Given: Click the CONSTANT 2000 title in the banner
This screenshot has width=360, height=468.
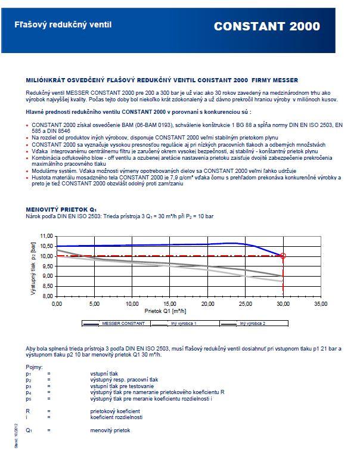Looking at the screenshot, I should pos(266,26).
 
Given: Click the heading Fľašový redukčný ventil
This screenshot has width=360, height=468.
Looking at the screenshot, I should pos(63,25).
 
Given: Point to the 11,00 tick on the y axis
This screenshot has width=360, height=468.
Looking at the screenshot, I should pos(46,236).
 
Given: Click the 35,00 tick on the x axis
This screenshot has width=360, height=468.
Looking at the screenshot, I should pos(321,303).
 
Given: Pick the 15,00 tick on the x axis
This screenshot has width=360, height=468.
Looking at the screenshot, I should pos(170,303).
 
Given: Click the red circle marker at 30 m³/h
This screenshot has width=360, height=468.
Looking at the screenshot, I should pos(283,256).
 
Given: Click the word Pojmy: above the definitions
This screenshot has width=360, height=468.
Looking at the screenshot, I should pos(34,367).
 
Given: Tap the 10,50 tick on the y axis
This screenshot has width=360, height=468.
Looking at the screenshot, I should pos(46,246).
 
